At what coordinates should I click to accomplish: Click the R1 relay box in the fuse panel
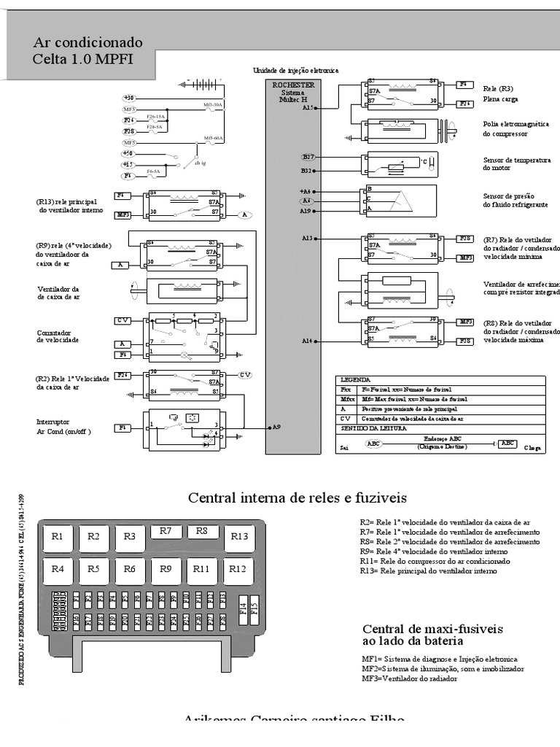(x=58, y=537)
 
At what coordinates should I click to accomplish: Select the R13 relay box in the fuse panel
(x=240, y=537)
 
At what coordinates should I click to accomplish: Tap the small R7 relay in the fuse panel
(x=166, y=531)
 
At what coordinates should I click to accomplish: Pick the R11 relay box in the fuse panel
(x=202, y=569)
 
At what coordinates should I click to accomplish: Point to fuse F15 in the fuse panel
(x=254, y=607)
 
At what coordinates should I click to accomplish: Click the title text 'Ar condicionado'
(x=88, y=42)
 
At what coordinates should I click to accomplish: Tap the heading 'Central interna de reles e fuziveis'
(x=297, y=498)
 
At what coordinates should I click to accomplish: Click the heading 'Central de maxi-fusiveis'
(x=422, y=629)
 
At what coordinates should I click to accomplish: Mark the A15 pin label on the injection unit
(x=308, y=107)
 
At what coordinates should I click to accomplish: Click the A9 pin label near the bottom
(x=276, y=427)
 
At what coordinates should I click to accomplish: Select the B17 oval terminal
(x=308, y=157)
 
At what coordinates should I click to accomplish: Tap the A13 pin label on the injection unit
(x=307, y=238)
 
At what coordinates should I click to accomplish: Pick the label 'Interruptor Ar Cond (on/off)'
(x=64, y=427)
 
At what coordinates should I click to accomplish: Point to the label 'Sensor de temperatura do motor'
(x=516, y=163)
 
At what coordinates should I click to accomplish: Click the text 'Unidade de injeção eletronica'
(x=295, y=70)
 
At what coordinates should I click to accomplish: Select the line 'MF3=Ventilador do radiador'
(x=409, y=678)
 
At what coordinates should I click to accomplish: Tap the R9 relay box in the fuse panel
(x=166, y=569)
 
